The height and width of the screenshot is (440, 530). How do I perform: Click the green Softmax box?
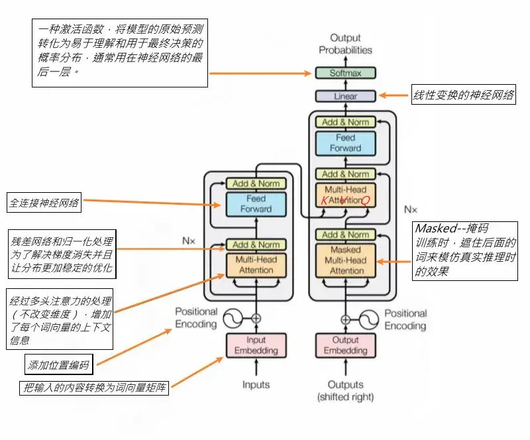click(x=345, y=73)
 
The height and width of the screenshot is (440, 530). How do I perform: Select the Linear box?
click(x=345, y=96)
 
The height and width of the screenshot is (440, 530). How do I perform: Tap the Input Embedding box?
click(x=256, y=345)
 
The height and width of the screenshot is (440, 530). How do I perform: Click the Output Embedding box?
click(x=345, y=345)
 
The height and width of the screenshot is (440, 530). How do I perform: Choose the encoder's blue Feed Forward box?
click(x=256, y=203)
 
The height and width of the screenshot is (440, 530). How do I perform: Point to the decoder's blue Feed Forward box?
click(x=345, y=143)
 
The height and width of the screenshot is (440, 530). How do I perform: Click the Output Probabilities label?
click(x=345, y=44)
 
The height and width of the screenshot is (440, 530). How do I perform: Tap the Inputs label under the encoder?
click(x=256, y=385)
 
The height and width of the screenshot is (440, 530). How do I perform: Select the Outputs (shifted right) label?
click(x=345, y=390)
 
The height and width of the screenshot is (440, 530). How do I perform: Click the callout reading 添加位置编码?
click(x=58, y=364)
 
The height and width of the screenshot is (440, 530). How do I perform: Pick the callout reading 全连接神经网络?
click(x=44, y=203)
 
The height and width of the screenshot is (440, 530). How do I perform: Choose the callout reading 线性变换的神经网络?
click(x=463, y=95)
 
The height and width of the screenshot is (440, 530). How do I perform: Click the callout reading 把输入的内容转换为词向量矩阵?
click(x=93, y=388)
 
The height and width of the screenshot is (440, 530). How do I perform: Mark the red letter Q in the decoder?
click(x=365, y=200)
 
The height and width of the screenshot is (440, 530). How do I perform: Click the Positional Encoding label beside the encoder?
click(x=196, y=318)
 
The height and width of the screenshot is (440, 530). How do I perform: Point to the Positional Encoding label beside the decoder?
click(x=405, y=319)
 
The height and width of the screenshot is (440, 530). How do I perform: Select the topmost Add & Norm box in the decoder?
click(x=345, y=122)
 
